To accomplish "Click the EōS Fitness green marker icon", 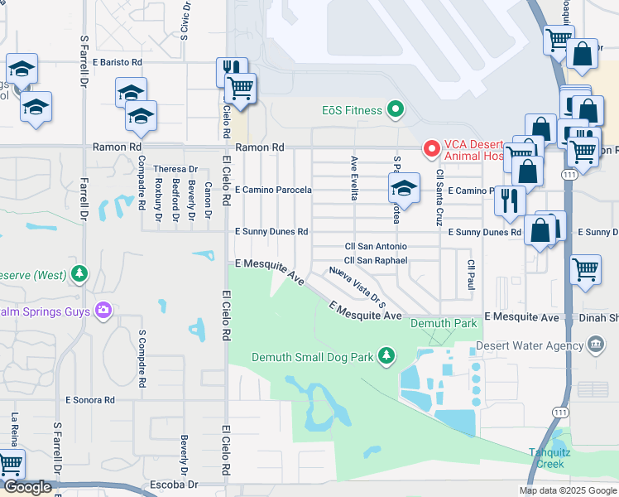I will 396,110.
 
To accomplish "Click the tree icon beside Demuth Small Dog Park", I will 385,356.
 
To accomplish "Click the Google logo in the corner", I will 27,487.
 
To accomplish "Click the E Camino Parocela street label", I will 273,191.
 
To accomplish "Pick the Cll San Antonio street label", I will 376,247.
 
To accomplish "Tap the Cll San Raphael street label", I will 377,260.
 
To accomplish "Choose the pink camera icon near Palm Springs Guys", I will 103,311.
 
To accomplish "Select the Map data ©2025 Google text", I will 567,490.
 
